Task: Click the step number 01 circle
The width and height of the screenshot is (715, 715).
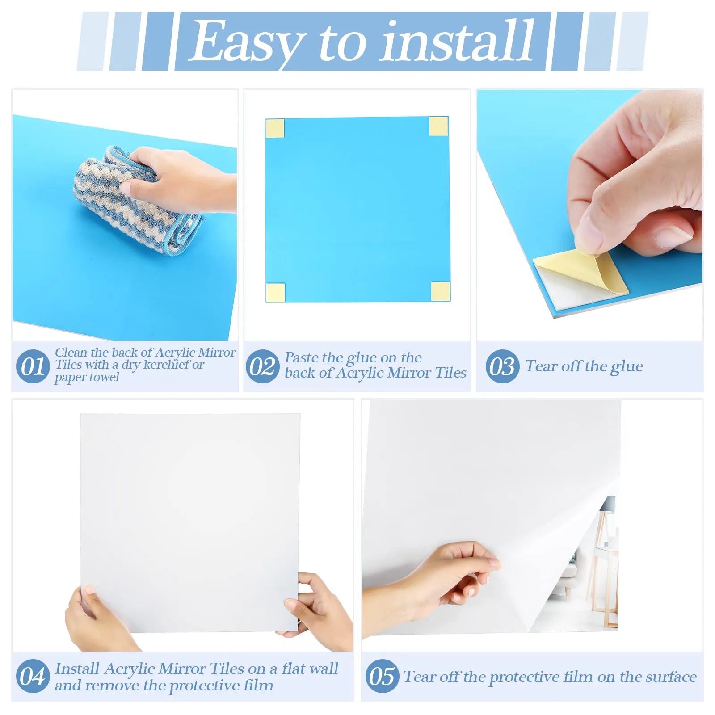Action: [x=33, y=366]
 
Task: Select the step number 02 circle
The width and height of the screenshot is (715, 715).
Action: [x=262, y=366]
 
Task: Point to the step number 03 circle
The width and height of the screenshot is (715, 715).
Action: [x=502, y=366]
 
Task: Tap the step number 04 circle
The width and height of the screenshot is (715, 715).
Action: [x=33, y=676]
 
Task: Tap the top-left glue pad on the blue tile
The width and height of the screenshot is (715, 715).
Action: [x=275, y=128]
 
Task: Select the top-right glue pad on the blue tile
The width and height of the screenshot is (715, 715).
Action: [x=438, y=126]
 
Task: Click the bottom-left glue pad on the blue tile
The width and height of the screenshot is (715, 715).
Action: [x=275, y=292]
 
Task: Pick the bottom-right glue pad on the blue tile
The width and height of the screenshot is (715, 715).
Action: [x=440, y=291]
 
